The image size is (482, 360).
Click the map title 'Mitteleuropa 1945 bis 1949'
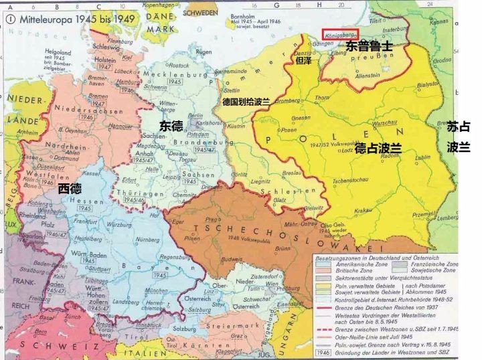click(x=64, y=20)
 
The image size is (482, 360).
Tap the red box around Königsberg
click(x=339, y=33)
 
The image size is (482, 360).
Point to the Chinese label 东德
click(x=171, y=125)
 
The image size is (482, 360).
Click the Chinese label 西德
click(x=70, y=187)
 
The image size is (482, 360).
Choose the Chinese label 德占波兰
click(x=378, y=147)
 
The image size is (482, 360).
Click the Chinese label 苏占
click(x=458, y=126)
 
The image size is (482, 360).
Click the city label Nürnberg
click(x=149, y=239)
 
